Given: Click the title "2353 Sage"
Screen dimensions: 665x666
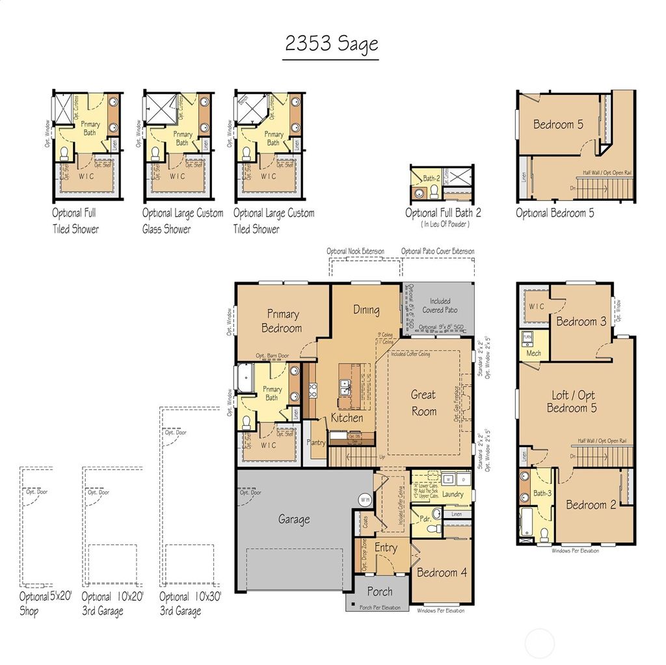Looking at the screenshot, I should (x=331, y=45).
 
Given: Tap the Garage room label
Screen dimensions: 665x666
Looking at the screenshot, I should (x=294, y=519).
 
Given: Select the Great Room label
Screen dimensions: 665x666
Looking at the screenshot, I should (x=423, y=403).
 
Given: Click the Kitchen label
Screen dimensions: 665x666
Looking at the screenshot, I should (x=347, y=418).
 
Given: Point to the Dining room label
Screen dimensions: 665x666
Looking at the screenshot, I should (x=366, y=310).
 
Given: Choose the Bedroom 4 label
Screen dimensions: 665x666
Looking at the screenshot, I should (x=442, y=573).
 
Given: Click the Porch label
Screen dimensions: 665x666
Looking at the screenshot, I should (x=380, y=592).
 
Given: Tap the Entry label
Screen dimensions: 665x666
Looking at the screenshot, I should (x=386, y=548).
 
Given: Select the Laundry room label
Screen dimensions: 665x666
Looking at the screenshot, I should (x=452, y=495).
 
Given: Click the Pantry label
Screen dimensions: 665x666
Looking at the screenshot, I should (x=316, y=443).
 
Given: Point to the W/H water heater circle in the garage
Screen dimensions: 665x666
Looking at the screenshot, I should (x=364, y=500).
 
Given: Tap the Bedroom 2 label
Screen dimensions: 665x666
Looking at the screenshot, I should (x=591, y=505).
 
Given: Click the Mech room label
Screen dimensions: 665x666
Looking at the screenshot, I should (x=533, y=354).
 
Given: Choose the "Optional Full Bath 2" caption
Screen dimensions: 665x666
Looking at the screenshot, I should (x=443, y=213).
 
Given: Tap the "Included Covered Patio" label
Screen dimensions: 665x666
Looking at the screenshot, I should (x=440, y=306).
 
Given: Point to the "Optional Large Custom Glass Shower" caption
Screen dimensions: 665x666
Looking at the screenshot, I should (x=183, y=221).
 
